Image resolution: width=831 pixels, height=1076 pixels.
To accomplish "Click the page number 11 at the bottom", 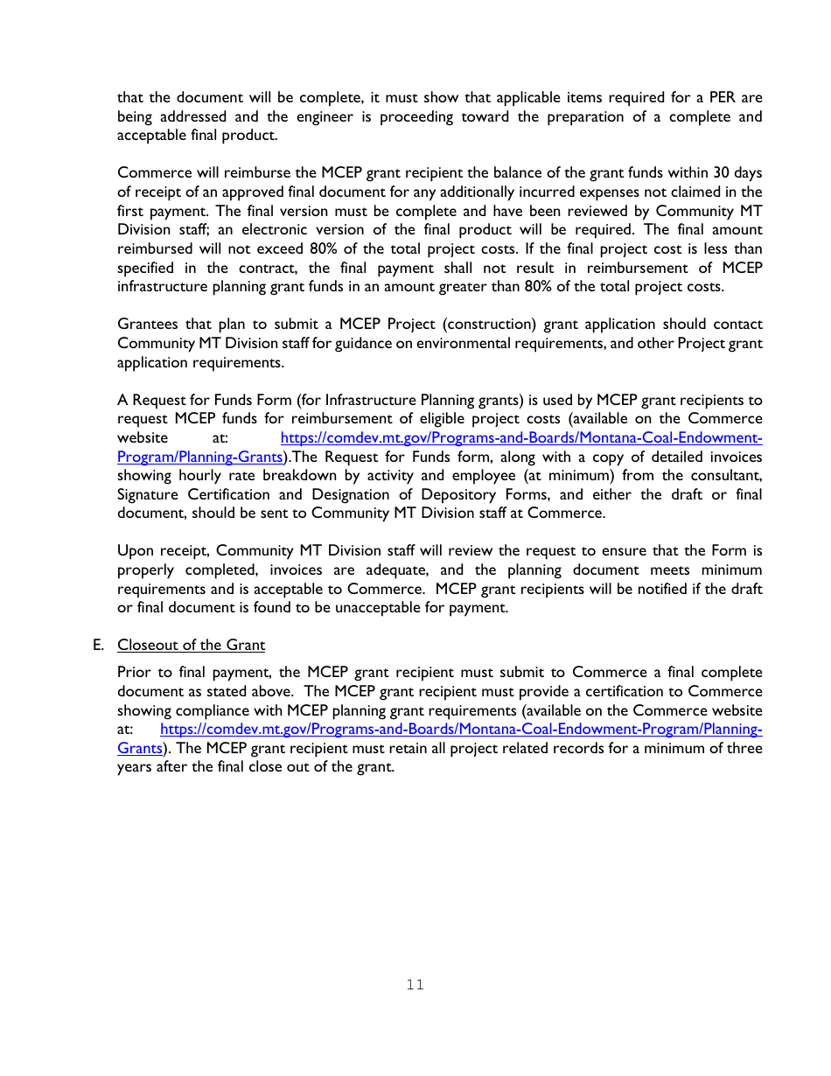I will pyautogui.click(x=415, y=985).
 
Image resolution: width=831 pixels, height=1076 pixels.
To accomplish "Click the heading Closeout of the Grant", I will pyautogui.click(x=191, y=645).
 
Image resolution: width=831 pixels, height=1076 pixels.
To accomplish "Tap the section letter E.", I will pyautogui.click(x=98, y=645).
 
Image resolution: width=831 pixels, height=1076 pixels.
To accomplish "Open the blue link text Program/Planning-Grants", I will pyautogui.click(x=200, y=457).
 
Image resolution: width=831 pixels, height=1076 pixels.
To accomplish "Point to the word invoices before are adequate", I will pyautogui.click(x=295, y=570).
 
